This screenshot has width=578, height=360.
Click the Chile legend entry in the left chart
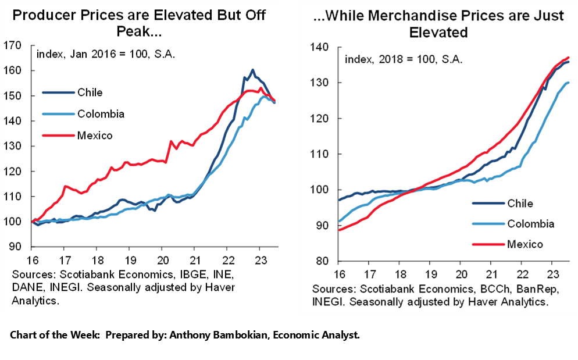(x=90, y=92)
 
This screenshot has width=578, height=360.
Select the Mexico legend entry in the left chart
(x=95, y=136)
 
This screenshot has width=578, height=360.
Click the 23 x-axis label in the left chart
(x=261, y=260)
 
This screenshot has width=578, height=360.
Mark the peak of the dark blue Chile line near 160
(x=252, y=70)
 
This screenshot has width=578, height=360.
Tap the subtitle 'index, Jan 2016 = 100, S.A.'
(x=106, y=55)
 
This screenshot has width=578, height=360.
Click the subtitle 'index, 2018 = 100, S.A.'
(x=404, y=59)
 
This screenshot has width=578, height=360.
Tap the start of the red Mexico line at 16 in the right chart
(x=338, y=230)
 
